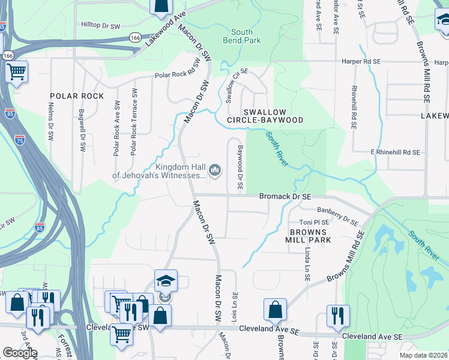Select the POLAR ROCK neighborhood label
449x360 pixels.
[x=77, y=96]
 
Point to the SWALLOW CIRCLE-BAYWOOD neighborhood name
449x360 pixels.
[x=273, y=116]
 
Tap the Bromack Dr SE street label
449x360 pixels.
[x=285, y=196]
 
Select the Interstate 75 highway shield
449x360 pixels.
[x=20, y=140]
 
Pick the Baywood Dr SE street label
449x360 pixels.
[x=240, y=169]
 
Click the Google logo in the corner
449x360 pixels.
[x=20, y=352]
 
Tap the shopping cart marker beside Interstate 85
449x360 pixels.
[x=16, y=72]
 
